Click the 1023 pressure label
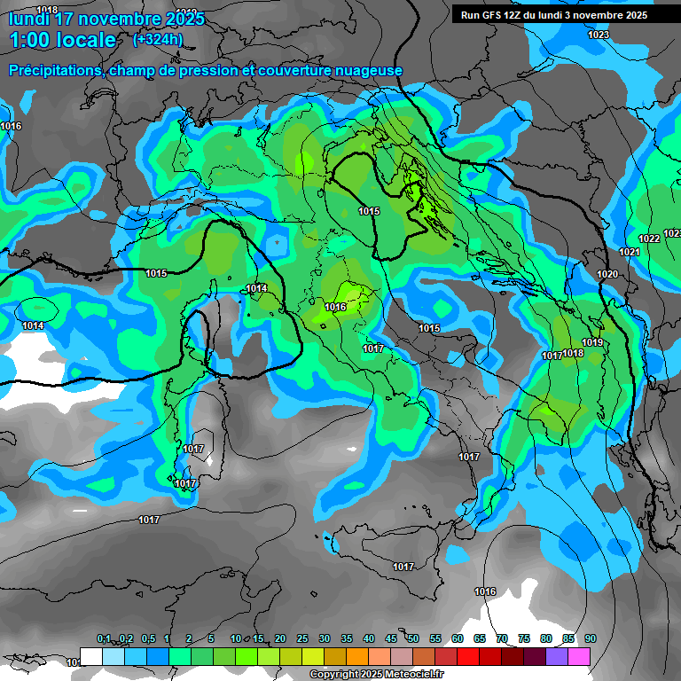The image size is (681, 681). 599,35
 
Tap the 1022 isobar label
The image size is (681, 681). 649,239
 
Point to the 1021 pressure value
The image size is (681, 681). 629,253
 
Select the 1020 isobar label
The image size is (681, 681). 607,275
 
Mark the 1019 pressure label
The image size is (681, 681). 592,342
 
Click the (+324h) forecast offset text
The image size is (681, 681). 158,39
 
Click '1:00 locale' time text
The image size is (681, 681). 63,40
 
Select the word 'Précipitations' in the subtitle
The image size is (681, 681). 54,70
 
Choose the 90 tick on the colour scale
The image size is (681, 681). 591,638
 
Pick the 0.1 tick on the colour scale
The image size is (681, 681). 104,638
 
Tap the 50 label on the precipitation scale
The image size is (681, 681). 413,638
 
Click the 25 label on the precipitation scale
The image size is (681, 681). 302,638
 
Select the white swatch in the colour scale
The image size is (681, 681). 91,655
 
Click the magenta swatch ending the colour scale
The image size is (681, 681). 580,655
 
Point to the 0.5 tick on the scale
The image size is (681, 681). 148,638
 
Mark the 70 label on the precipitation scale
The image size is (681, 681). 502,638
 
